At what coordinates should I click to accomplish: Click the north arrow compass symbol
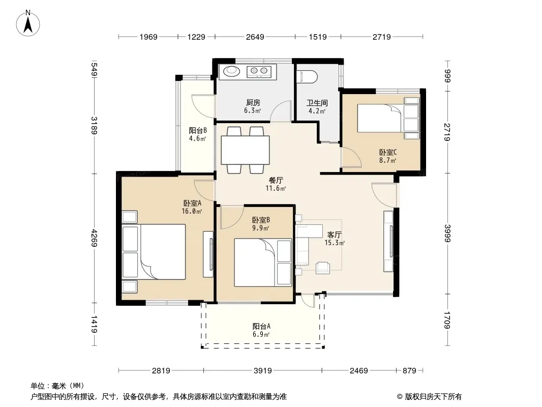(x=28, y=23)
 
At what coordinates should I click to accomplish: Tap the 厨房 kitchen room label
(x=253, y=103)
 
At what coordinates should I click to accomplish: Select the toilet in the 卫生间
(x=307, y=77)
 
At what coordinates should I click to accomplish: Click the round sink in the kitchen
(x=231, y=71)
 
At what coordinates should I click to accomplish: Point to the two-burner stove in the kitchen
(x=259, y=71)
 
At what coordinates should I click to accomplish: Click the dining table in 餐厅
(x=245, y=150)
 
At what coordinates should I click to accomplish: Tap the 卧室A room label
(x=192, y=203)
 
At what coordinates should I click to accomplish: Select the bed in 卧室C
(x=388, y=118)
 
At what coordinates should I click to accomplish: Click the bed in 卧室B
(x=263, y=263)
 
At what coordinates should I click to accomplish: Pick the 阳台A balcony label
(x=261, y=326)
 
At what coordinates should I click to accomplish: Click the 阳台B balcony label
(x=198, y=130)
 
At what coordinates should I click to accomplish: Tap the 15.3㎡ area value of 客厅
(x=334, y=243)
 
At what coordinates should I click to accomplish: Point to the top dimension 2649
(x=255, y=37)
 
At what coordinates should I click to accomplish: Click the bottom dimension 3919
(x=263, y=371)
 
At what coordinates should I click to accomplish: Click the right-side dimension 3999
(x=447, y=234)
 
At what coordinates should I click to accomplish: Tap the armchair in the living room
(x=323, y=268)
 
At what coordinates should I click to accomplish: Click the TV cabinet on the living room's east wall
(x=388, y=241)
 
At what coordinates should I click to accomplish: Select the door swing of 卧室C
(x=351, y=157)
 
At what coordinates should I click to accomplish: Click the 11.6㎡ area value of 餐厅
(x=276, y=188)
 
